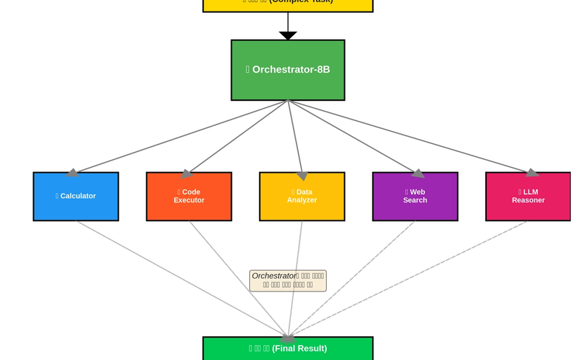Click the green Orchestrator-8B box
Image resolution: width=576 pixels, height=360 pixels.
pyautogui.click(x=287, y=70)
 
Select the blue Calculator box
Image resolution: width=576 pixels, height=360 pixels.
pyautogui.click(x=76, y=196)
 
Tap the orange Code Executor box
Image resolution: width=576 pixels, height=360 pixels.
pyautogui.click(x=189, y=196)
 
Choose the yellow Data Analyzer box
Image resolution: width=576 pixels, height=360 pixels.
pyautogui.click(x=302, y=196)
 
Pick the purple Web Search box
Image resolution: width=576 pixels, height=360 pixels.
pyautogui.click(x=415, y=196)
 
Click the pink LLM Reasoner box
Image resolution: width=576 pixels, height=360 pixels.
pyautogui.click(x=528, y=196)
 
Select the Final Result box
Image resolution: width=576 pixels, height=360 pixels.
pyautogui.click(x=287, y=348)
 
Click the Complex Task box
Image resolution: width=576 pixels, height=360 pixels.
pyautogui.click(x=287, y=4)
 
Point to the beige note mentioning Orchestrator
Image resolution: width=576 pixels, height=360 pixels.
pyautogui.click(x=287, y=280)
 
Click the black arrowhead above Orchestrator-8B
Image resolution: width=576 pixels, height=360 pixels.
pyautogui.click(x=287, y=35)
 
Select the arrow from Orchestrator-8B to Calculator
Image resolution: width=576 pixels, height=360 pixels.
pyautogui.click(x=180, y=137)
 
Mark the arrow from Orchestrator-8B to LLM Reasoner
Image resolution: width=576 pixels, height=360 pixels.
pyautogui.click(x=410, y=137)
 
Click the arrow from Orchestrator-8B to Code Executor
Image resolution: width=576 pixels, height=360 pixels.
pyautogui.click(x=238, y=137)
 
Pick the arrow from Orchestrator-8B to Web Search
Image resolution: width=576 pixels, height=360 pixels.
pyautogui.click(x=353, y=137)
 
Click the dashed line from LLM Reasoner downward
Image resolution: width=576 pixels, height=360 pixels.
pyautogui.click(x=410, y=276)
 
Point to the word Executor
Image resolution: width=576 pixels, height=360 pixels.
pyautogui.click(x=189, y=200)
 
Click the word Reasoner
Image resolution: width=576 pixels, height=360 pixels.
pyautogui.click(x=528, y=200)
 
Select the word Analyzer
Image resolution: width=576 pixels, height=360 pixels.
pyautogui.click(x=302, y=200)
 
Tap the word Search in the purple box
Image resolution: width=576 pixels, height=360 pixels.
pyautogui.click(x=415, y=200)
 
